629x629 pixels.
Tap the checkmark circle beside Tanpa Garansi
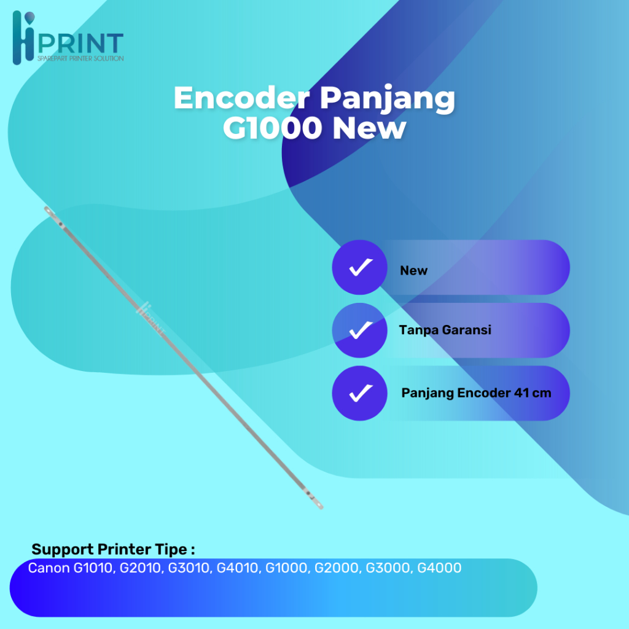pyautogui.click(x=360, y=330)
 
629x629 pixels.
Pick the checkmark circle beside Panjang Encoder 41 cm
pyautogui.click(x=360, y=393)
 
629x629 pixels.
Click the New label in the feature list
pyautogui.click(x=413, y=271)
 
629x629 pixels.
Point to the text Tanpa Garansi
pyautogui.click(x=445, y=330)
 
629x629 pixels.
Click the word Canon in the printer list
pyautogui.click(x=49, y=569)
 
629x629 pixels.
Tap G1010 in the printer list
pyautogui.click(x=93, y=569)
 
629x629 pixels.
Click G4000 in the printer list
pyautogui.click(x=439, y=569)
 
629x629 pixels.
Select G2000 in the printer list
pyautogui.click(x=337, y=569)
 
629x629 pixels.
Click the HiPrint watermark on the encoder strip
pyautogui.click(x=151, y=318)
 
